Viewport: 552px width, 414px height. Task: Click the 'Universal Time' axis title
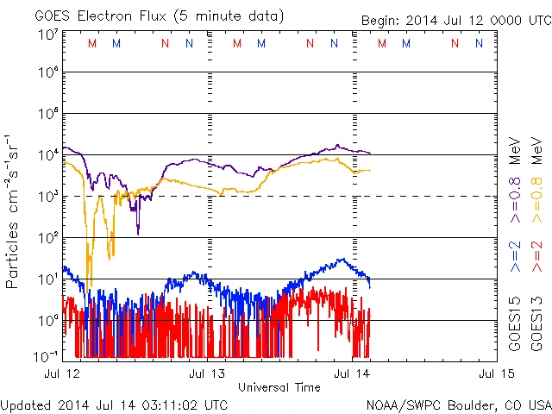(279, 387)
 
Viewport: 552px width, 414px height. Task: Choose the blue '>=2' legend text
(515, 257)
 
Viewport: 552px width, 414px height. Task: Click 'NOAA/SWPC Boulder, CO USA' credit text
(458, 405)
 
